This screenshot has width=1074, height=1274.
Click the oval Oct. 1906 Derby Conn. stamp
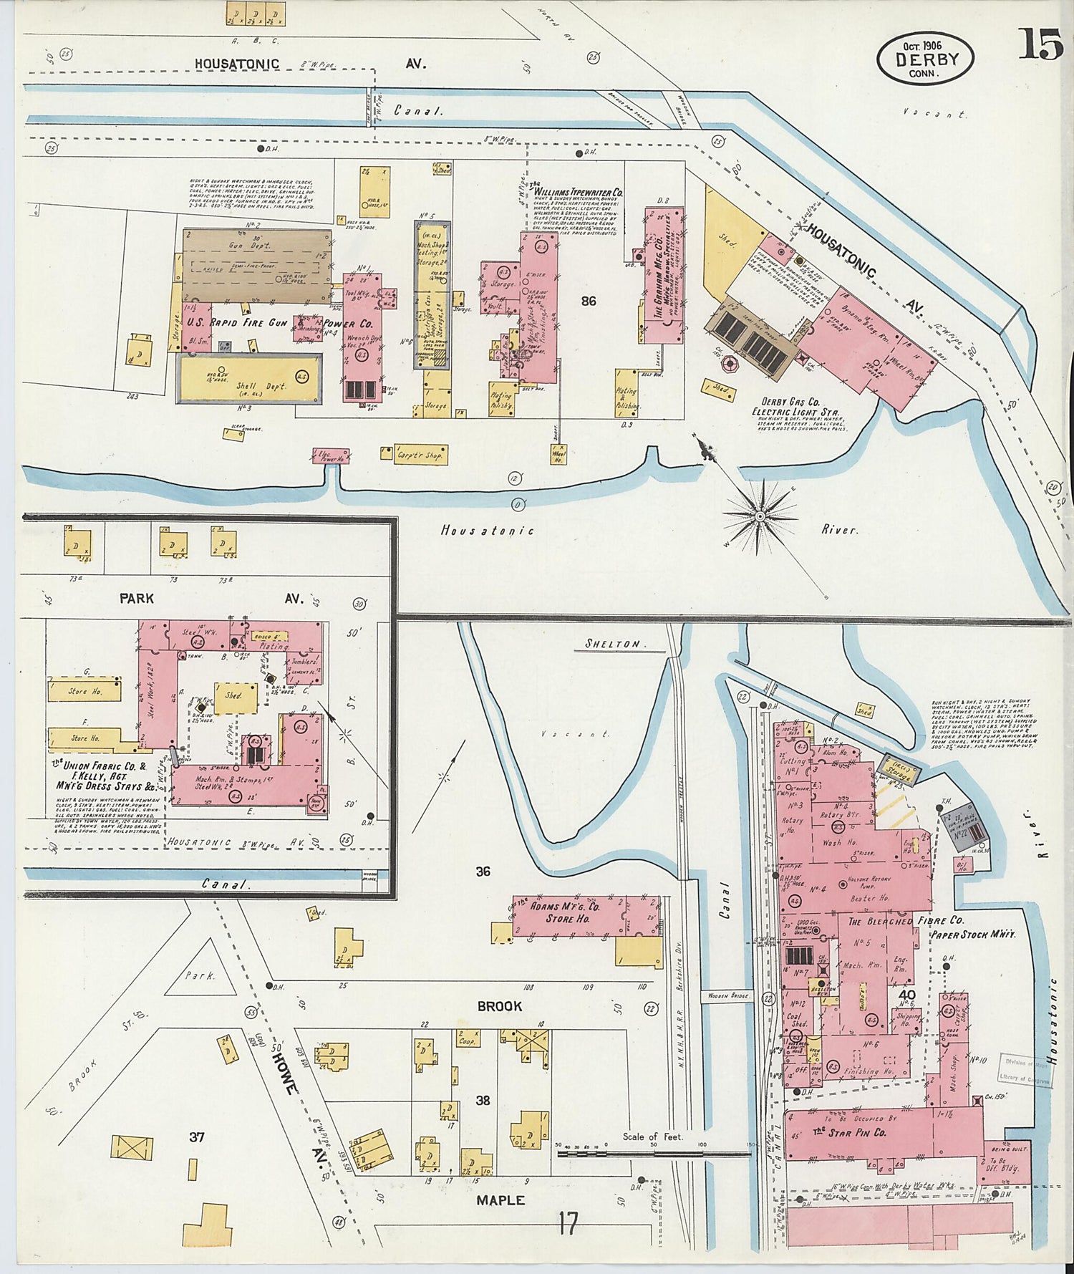(924, 59)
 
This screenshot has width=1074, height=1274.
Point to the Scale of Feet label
(652, 1136)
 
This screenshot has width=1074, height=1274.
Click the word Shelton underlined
(612, 644)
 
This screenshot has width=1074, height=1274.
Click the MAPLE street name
(500, 1200)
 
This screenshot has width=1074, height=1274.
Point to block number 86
(589, 301)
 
